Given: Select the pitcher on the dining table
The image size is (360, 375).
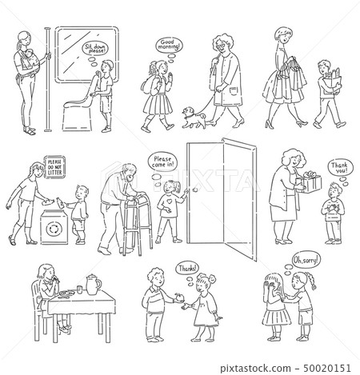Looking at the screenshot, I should pyautogui.click(x=94, y=285).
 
